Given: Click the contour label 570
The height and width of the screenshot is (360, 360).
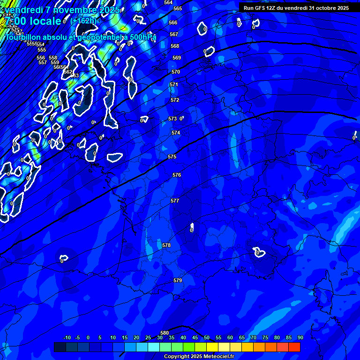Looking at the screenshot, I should (176, 72).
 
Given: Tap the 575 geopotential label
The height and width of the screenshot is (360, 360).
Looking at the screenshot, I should (172, 157).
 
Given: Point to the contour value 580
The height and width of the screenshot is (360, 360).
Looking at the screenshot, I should (165, 333).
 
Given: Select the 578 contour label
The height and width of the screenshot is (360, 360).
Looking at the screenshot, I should (166, 245).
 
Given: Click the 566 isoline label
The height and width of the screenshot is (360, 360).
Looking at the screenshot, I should (173, 22).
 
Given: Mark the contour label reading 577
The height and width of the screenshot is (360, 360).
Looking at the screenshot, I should (175, 201).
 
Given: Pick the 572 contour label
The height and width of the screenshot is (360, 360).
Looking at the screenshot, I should (175, 100).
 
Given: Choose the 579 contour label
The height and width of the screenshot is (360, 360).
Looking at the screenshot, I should (178, 280).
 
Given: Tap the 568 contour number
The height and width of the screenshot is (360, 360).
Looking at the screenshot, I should (175, 46).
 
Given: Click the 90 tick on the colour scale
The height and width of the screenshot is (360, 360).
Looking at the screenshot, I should (300, 338).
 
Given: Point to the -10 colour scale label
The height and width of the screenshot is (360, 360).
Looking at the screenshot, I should (67, 338).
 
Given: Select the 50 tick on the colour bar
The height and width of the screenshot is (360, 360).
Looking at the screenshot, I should (207, 338).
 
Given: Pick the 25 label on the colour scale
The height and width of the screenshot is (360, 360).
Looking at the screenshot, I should (148, 338).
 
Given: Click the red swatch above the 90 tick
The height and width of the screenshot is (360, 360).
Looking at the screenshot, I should (294, 347).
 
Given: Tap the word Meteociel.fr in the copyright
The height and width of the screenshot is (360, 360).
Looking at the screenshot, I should (212, 357).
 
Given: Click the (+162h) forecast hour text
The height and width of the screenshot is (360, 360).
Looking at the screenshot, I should (83, 21).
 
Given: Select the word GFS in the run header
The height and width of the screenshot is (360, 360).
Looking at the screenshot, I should (261, 8).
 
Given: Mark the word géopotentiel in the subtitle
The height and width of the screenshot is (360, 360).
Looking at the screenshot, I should (97, 37).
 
